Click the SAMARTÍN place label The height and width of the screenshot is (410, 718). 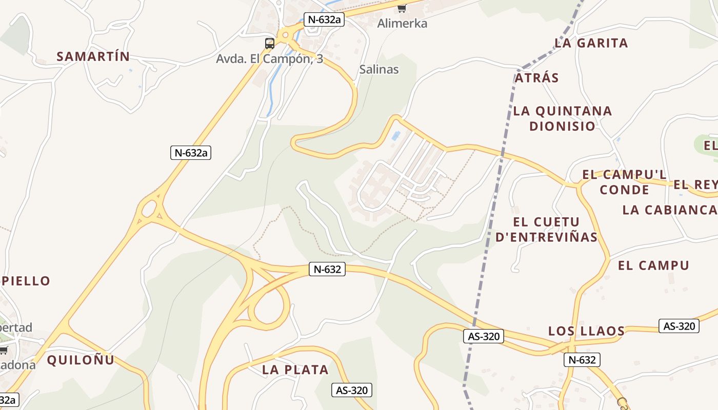[93, 56]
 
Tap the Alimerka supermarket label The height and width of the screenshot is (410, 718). [402, 24]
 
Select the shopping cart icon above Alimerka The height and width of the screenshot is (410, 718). [402, 8]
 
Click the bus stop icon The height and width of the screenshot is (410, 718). [270, 44]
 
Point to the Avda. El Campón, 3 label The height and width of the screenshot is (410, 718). [269, 59]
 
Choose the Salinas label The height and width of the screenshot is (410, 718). [379, 69]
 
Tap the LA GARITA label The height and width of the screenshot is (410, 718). [591, 43]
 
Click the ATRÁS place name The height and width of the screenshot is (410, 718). [536, 78]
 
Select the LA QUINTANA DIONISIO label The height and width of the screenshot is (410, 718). [563, 118]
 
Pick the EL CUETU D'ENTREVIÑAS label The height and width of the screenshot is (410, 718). [547, 229]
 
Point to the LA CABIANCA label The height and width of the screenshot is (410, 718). [669, 210]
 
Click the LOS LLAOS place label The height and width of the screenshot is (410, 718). [587, 331]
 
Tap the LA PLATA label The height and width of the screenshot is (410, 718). [295, 370]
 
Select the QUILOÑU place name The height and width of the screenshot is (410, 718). [81, 360]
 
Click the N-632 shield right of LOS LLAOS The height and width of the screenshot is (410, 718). [582, 360]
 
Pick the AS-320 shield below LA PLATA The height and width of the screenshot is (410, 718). [351, 390]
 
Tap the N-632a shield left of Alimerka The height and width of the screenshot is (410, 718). [324, 20]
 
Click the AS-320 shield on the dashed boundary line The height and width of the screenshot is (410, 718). [484, 336]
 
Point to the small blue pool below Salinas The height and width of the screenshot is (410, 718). [395, 136]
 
